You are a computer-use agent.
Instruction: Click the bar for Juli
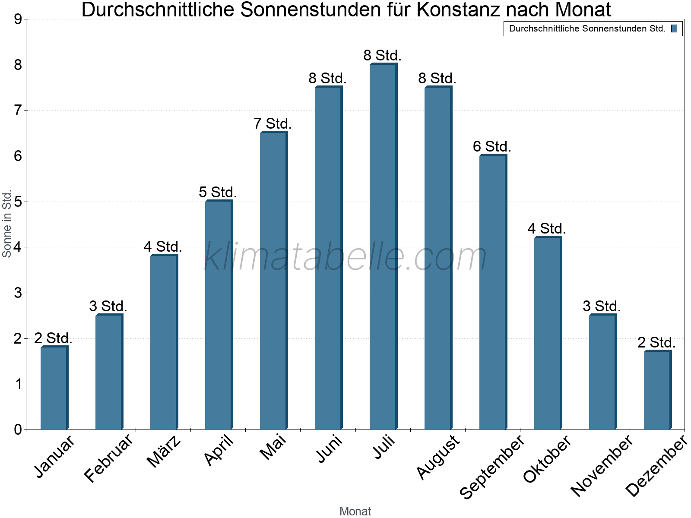383,246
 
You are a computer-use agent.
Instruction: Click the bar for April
219,315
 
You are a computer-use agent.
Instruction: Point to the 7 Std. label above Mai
273,124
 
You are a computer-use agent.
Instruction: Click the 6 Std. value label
492,147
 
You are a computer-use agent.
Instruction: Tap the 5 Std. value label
218,193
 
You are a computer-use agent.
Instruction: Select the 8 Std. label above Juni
327,79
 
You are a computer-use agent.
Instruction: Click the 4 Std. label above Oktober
547,229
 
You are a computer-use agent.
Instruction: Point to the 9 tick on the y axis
18,19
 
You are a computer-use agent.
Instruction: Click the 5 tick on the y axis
18,202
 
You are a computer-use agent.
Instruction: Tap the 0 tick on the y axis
18,430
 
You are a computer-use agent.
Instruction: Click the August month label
439,457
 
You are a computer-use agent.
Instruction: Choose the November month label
602,465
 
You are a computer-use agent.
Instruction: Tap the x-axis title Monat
355,511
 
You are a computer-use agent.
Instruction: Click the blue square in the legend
674,29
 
